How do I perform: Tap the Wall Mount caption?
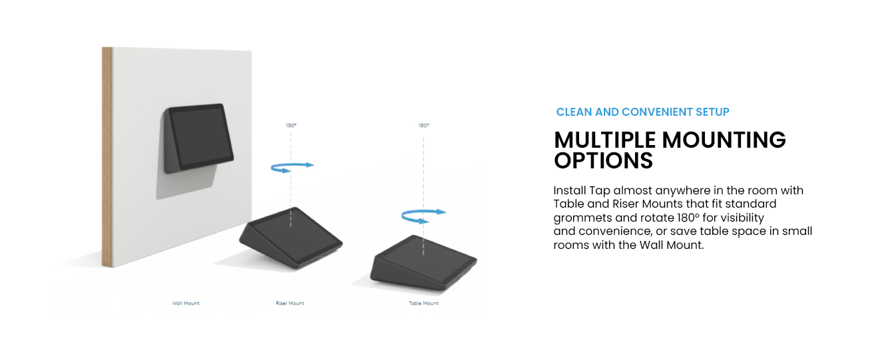[186, 303]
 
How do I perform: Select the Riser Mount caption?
[290, 303]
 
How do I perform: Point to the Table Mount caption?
[423, 303]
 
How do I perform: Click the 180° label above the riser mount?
[291, 126]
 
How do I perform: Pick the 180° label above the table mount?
[423, 126]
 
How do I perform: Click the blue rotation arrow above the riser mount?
[292, 167]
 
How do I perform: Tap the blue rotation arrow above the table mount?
[423, 216]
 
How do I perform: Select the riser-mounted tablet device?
[291, 238]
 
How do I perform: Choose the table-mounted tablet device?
[423, 263]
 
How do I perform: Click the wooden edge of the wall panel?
[107, 157]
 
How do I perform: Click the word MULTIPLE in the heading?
[604, 140]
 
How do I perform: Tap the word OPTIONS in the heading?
[604, 160]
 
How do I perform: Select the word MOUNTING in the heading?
[724, 140]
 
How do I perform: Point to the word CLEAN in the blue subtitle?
[574, 112]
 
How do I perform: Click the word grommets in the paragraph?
[580, 218]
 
